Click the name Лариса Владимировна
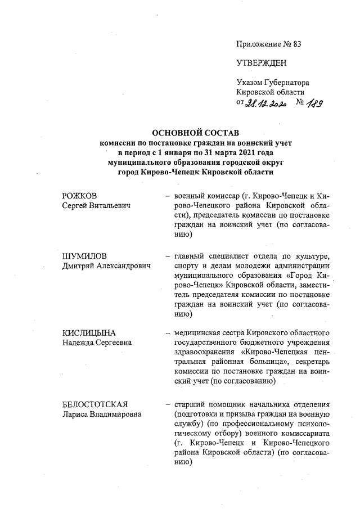pos(101,415)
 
